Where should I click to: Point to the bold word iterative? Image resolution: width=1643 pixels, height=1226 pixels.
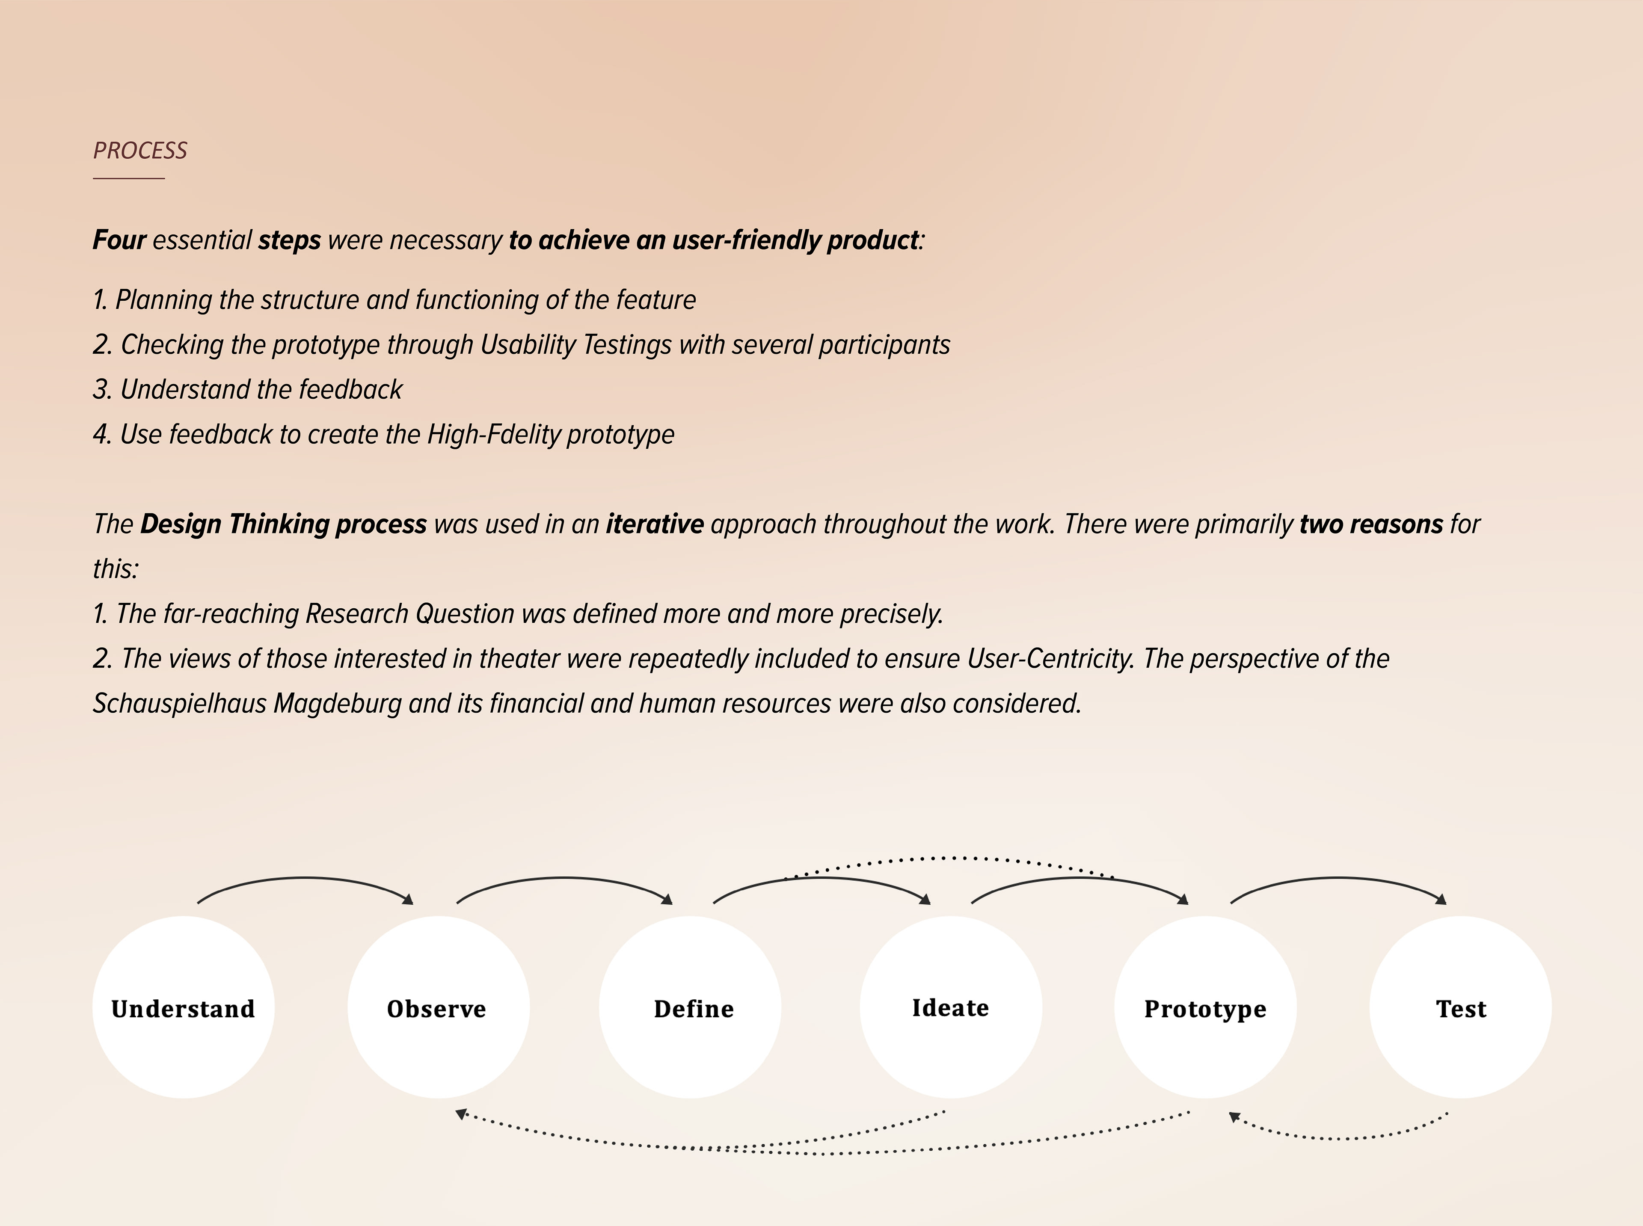coord(655,524)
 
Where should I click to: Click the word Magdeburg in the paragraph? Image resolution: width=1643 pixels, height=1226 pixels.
coord(338,704)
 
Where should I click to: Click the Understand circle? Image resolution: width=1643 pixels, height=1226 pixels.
coord(183,1007)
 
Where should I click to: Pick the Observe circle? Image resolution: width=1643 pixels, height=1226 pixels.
coord(439,1007)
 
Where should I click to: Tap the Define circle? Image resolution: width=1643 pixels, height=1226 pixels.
coord(690,1007)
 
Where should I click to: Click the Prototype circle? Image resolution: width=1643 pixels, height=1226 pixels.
coord(1205,1007)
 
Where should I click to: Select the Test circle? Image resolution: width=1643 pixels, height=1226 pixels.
coord(1460,1007)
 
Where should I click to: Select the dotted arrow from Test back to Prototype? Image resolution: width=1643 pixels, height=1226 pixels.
coord(1340,1138)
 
